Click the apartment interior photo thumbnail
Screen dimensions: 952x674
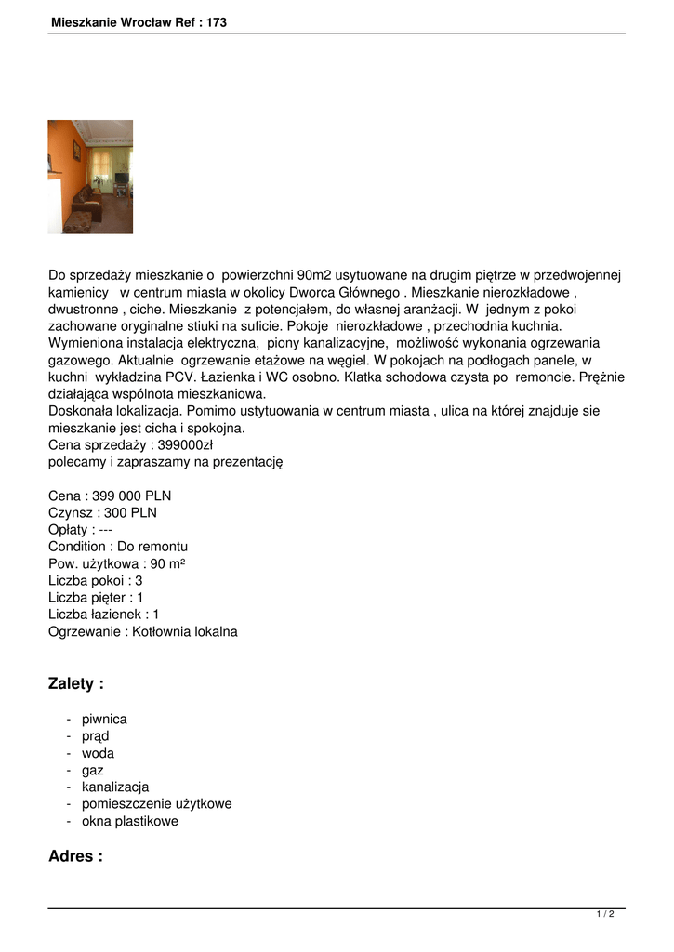(90, 177)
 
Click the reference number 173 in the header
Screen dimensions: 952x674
(217, 21)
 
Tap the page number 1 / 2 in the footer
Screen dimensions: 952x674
(605, 914)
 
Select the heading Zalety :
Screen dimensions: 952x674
(75, 684)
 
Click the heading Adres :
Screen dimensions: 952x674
(75, 856)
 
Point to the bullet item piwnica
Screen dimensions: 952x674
(104, 719)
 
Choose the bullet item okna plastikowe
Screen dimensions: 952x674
(129, 821)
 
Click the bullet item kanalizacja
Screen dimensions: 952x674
(115, 787)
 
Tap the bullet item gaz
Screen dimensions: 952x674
(93, 770)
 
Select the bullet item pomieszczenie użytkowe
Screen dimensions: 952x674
(156, 803)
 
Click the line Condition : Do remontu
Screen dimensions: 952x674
(118, 547)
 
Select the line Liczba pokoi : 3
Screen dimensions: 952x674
(95, 580)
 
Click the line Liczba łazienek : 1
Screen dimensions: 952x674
(104, 615)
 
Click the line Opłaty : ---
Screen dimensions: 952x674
(81, 529)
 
